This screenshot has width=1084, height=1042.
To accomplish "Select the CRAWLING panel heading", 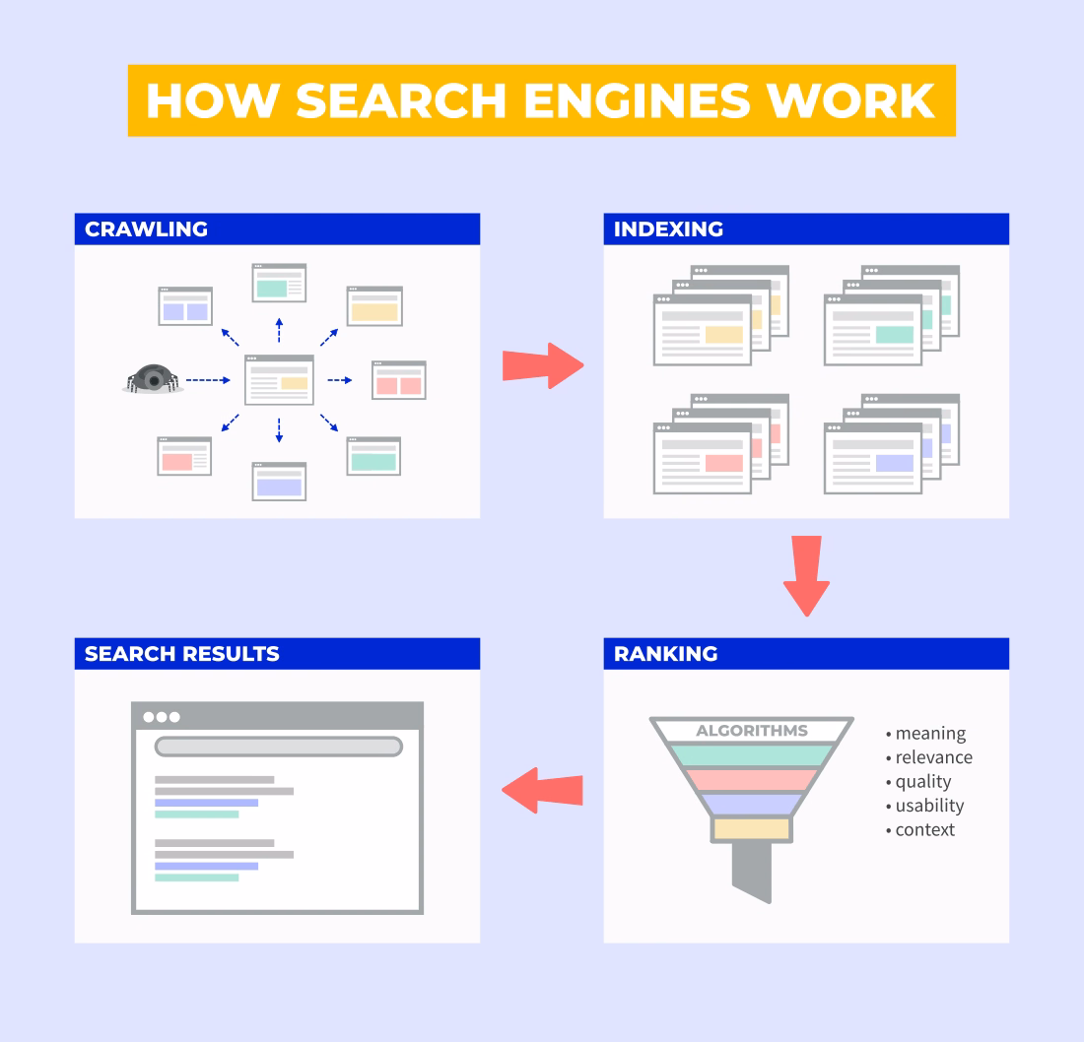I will point(146,229).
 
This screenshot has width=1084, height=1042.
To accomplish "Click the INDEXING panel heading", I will point(668,229).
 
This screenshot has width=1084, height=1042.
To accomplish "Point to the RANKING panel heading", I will point(665,654).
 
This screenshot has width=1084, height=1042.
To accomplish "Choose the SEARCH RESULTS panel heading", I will point(181,654).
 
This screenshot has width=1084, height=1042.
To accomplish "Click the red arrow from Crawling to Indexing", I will point(543,365).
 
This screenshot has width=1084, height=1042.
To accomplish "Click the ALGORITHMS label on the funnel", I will point(752,731).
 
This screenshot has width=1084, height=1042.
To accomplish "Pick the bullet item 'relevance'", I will point(933,757).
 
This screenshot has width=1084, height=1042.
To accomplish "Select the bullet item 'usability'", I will point(929,806).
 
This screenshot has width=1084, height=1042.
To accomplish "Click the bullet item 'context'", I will point(924,829).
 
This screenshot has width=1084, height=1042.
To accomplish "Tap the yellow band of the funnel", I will point(752,828).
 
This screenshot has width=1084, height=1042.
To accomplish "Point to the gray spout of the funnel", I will point(752,873).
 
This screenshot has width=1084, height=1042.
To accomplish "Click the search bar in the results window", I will point(278,747).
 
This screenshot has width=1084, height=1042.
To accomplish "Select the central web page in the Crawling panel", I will point(279,380).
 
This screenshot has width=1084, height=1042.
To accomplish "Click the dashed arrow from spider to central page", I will point(208,380).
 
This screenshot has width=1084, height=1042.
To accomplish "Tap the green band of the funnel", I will point(752,755).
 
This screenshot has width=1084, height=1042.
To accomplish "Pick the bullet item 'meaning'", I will point(930,734).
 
